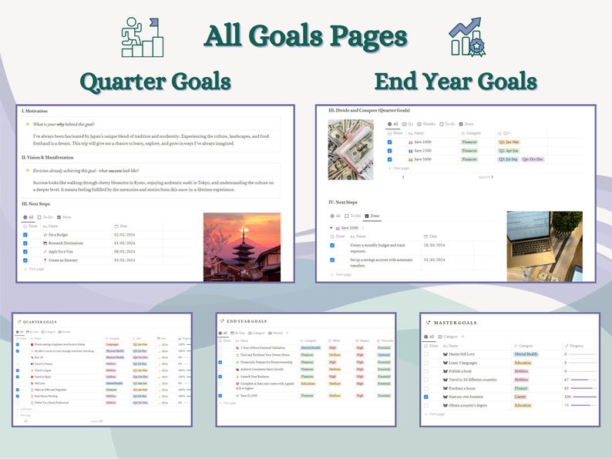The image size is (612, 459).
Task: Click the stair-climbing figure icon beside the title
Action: (142, 37)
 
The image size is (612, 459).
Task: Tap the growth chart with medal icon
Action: (469, 37)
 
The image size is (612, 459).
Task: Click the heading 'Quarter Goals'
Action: (155, 82)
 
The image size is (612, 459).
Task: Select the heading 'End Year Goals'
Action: (456, 82)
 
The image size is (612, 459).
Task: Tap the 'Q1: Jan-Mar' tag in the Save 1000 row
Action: (509, 142)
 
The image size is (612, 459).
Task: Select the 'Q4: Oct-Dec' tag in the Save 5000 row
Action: (533, 159)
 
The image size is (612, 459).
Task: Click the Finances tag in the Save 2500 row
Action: (469, 151)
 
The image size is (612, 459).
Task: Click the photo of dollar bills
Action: (350, 149)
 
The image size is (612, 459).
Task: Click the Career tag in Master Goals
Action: (521, 397)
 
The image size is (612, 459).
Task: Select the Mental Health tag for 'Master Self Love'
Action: (526, 354)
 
